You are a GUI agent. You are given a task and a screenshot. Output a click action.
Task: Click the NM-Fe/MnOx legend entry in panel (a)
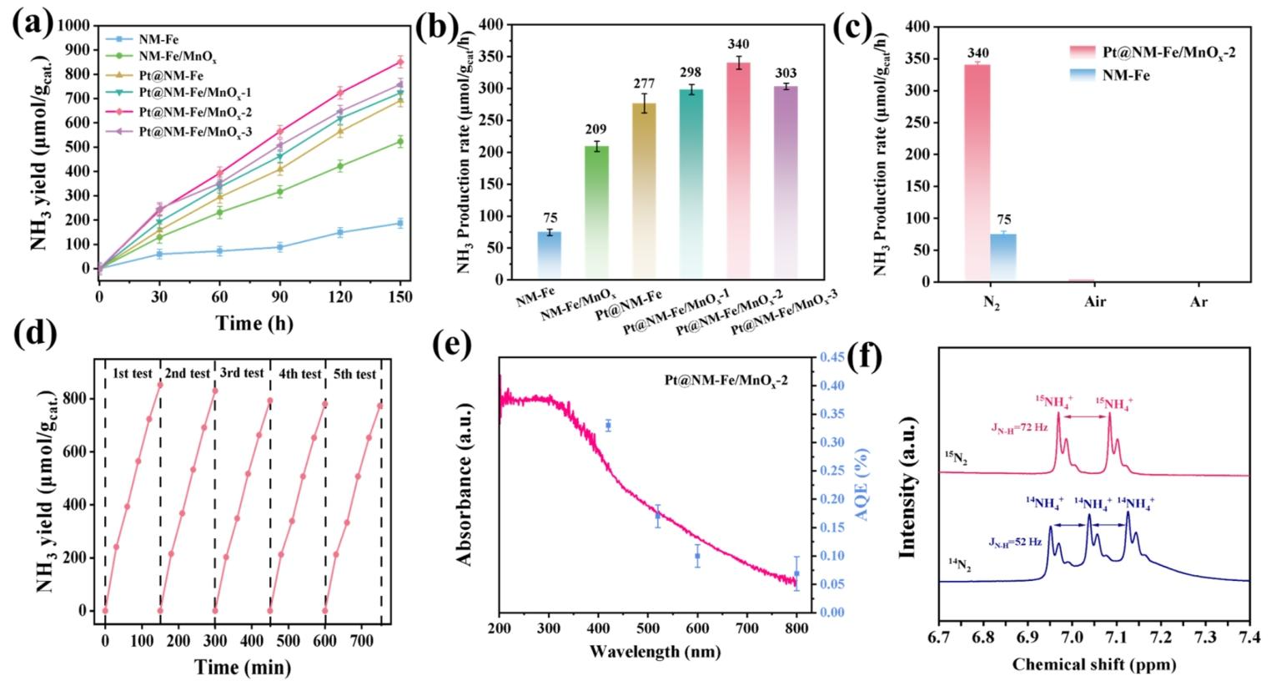161,58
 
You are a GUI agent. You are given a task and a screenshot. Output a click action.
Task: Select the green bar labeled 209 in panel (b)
596,213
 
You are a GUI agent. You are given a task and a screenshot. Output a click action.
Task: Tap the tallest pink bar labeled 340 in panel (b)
738,171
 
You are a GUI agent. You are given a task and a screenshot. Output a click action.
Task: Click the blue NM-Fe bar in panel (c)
1004,258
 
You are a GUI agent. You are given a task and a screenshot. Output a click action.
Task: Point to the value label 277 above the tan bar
644,84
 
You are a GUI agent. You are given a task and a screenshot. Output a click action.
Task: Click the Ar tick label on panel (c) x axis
1199,301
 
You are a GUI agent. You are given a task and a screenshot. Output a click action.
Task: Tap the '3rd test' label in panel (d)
242,373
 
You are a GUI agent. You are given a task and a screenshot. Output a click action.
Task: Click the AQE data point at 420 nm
608,426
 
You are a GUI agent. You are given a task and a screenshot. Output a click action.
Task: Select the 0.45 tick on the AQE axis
831,357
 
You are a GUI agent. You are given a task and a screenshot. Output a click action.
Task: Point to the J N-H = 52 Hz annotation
1015,542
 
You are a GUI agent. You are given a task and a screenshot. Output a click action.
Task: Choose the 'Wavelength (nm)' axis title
656,651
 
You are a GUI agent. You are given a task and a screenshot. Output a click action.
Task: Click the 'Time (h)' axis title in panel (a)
254,323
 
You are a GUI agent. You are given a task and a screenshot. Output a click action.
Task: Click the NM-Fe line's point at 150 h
400,223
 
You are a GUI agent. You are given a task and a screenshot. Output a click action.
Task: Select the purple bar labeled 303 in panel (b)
786,183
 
